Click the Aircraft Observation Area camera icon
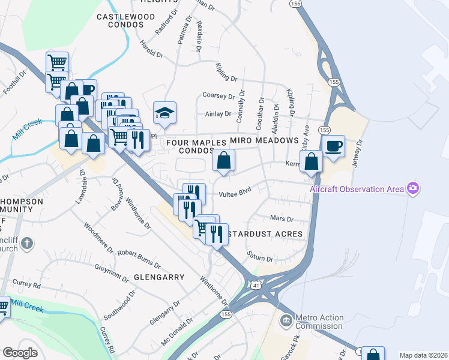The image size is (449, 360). coord(412,189)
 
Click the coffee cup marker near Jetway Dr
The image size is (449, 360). coord(333,146)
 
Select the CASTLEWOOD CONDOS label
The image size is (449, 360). coord(121,20)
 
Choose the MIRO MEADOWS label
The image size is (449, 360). coord(265,140)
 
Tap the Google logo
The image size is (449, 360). coord(20,353)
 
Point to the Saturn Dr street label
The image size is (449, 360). coord(261,257)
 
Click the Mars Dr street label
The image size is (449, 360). coord(282,219)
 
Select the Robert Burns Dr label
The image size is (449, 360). coord(139,259)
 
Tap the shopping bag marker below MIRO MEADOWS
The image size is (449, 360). coord(223,160)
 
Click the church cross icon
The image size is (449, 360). coord(26,244)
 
